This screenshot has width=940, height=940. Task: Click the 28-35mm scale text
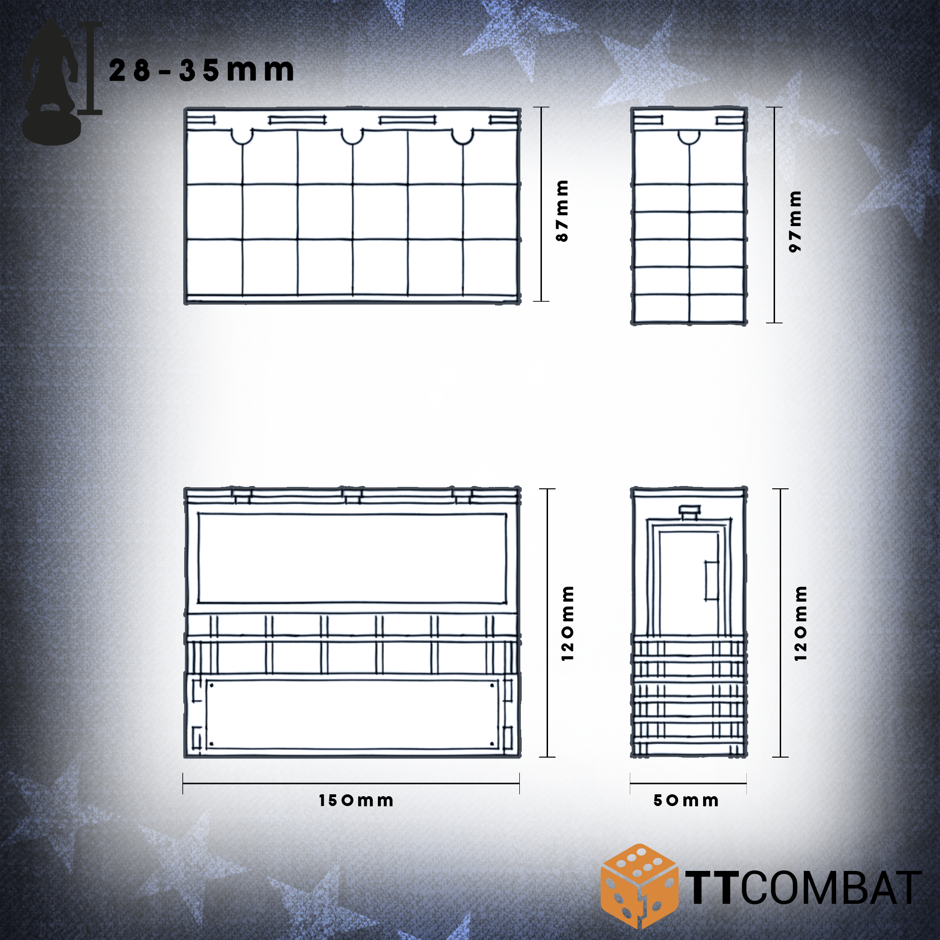pyautogui.click(x=202, y=70)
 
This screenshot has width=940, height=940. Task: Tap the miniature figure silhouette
pyautogui.click(x=51, y=83)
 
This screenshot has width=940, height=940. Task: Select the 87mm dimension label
pyautogui.click(x=562, y=211)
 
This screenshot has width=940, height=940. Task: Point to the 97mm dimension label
pyautogui.click(x=795, y=221)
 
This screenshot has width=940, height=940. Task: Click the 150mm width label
pyautogui.click(x=356, y=800)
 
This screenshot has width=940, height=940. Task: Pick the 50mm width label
pyautogui.click(x=686, y=800)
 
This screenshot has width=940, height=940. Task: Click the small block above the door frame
pyautogui.click(x=689, y=512)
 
